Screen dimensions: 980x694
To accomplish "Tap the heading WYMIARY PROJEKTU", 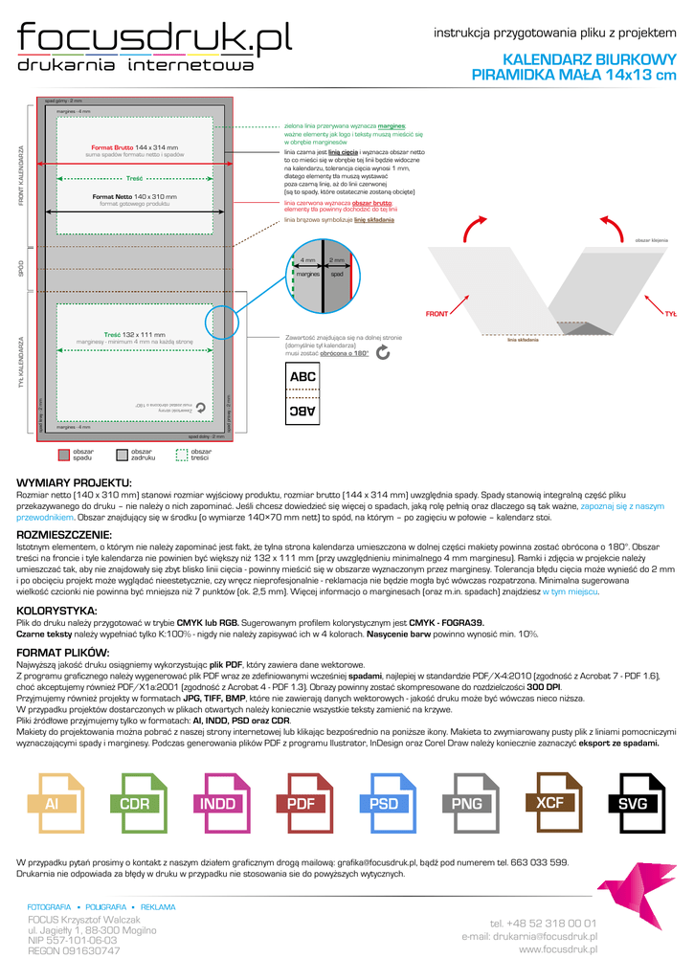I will click(74, 481).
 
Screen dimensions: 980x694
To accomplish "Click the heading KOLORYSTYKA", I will click(56, 610).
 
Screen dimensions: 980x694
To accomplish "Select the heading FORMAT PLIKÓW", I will click(63, 652).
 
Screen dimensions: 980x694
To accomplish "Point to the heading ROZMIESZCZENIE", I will click(64, 534).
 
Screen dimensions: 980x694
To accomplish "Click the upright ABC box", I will click(302, 377).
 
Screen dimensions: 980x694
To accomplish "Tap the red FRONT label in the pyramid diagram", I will click(437, 314).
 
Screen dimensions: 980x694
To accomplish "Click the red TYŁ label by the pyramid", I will click(670, 314).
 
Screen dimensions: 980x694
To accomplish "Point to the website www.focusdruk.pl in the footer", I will click(558, 949).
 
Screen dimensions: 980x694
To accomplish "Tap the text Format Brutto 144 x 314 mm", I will click(134, 147).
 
